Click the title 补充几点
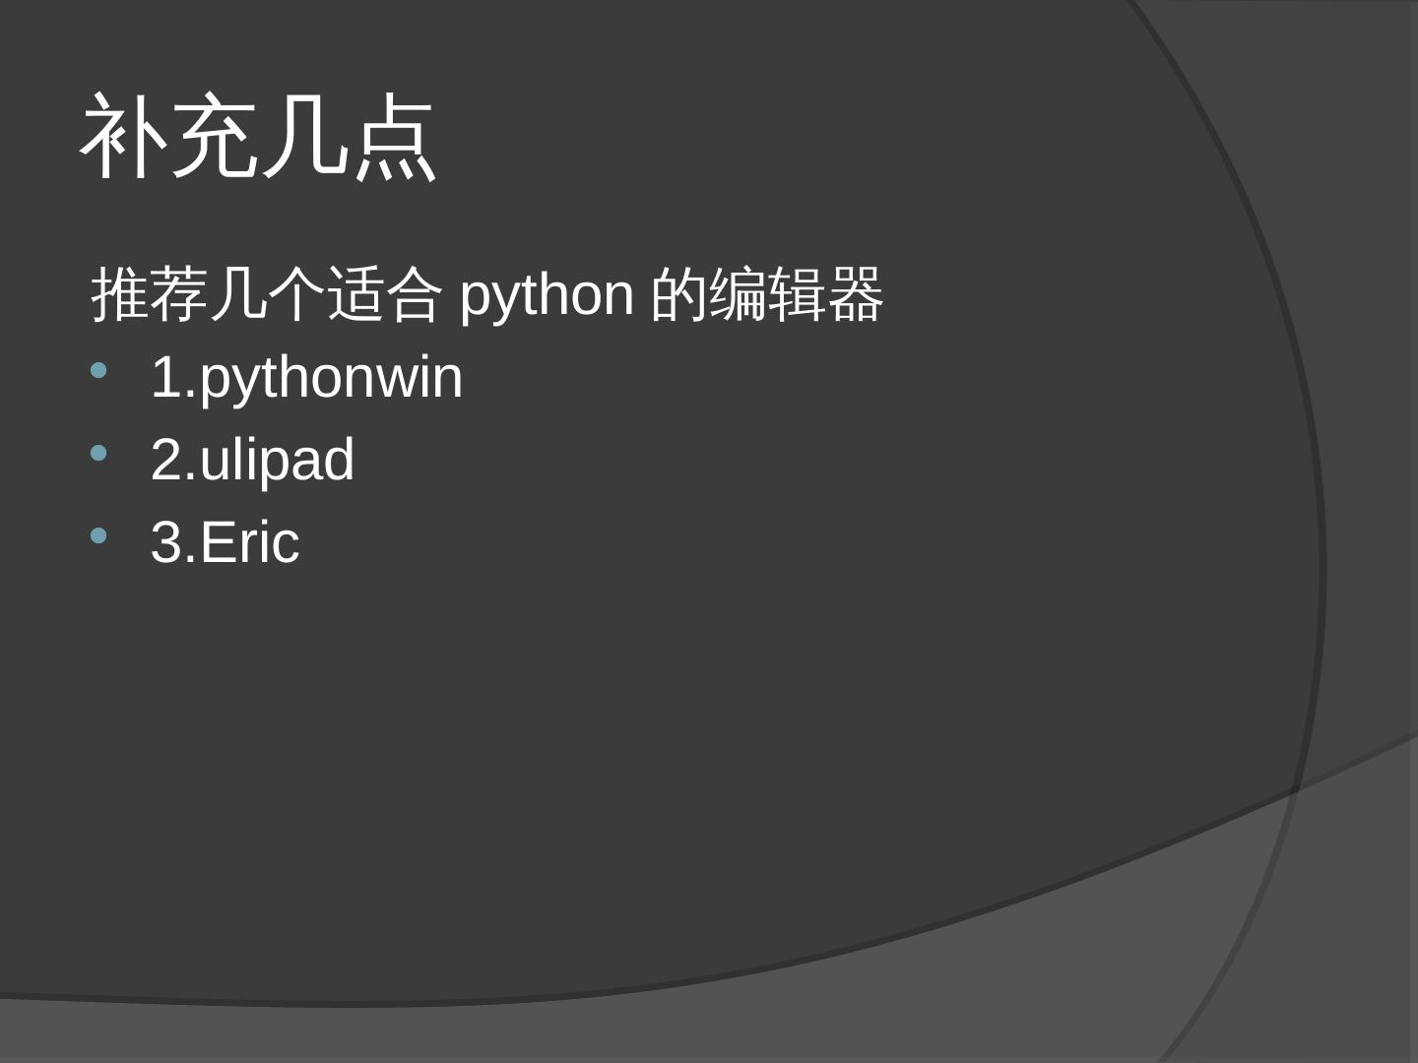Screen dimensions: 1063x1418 click(258, 138)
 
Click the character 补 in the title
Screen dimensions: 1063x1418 click(123, 138)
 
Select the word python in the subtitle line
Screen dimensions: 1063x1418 click(547, 295)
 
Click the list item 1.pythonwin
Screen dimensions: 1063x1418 click(306, 378)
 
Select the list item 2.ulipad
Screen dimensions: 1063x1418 click(252, 460)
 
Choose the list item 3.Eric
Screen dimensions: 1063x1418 click(225, 542)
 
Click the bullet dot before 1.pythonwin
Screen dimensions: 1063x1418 click(97, 372)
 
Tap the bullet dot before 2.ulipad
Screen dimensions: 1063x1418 click(97, 454)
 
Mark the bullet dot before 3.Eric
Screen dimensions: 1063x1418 click(97, 536)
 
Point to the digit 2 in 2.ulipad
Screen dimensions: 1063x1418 click(166, 460)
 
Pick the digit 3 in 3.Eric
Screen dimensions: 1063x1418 click(166, 542)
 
